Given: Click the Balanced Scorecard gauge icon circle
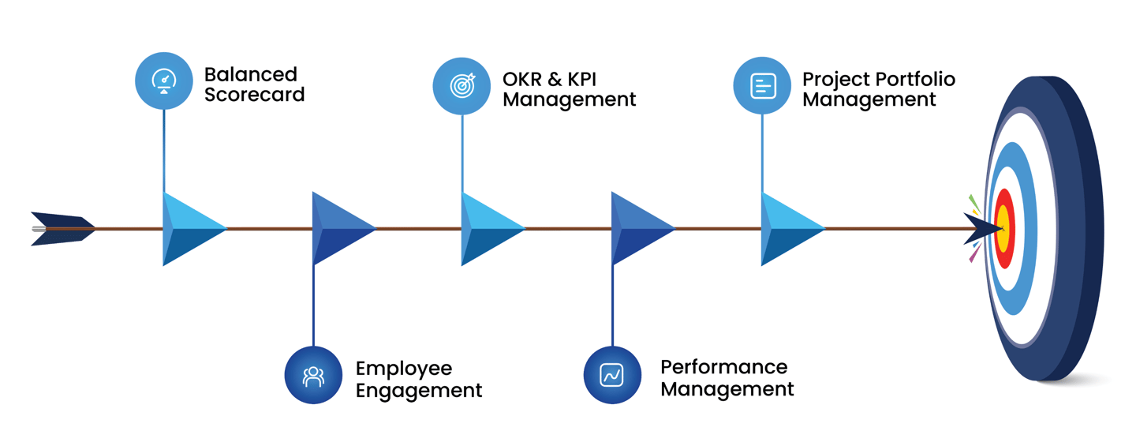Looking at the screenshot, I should click(164, 80).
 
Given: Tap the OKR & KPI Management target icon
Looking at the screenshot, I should click(462, 85).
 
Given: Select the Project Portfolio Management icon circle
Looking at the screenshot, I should click(762, 85).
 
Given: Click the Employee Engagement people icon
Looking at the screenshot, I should click(313, 375).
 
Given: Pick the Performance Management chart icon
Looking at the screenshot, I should click(612, 374).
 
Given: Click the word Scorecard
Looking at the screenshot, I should click(254, 95).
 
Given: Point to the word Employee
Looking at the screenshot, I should click(404, 369).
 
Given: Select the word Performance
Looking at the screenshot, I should click(723, 367).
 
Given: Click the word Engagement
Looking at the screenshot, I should click(419, 390).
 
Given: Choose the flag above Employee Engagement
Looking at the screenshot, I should click(340, 229).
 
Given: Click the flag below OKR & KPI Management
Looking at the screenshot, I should click(489, 229).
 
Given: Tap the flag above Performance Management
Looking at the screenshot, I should click(639, 229).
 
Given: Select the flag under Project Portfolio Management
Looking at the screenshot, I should click(789, 229).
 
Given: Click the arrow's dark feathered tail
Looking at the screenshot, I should click(60, 229).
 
